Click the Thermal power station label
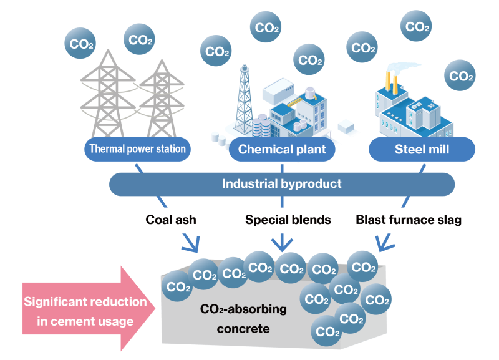[x=137, y=149]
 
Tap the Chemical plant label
[x=283, y=150]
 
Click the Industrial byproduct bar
[x=282, y=183]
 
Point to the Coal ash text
[x=170, y=220]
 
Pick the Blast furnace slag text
[x=409, y=220]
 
